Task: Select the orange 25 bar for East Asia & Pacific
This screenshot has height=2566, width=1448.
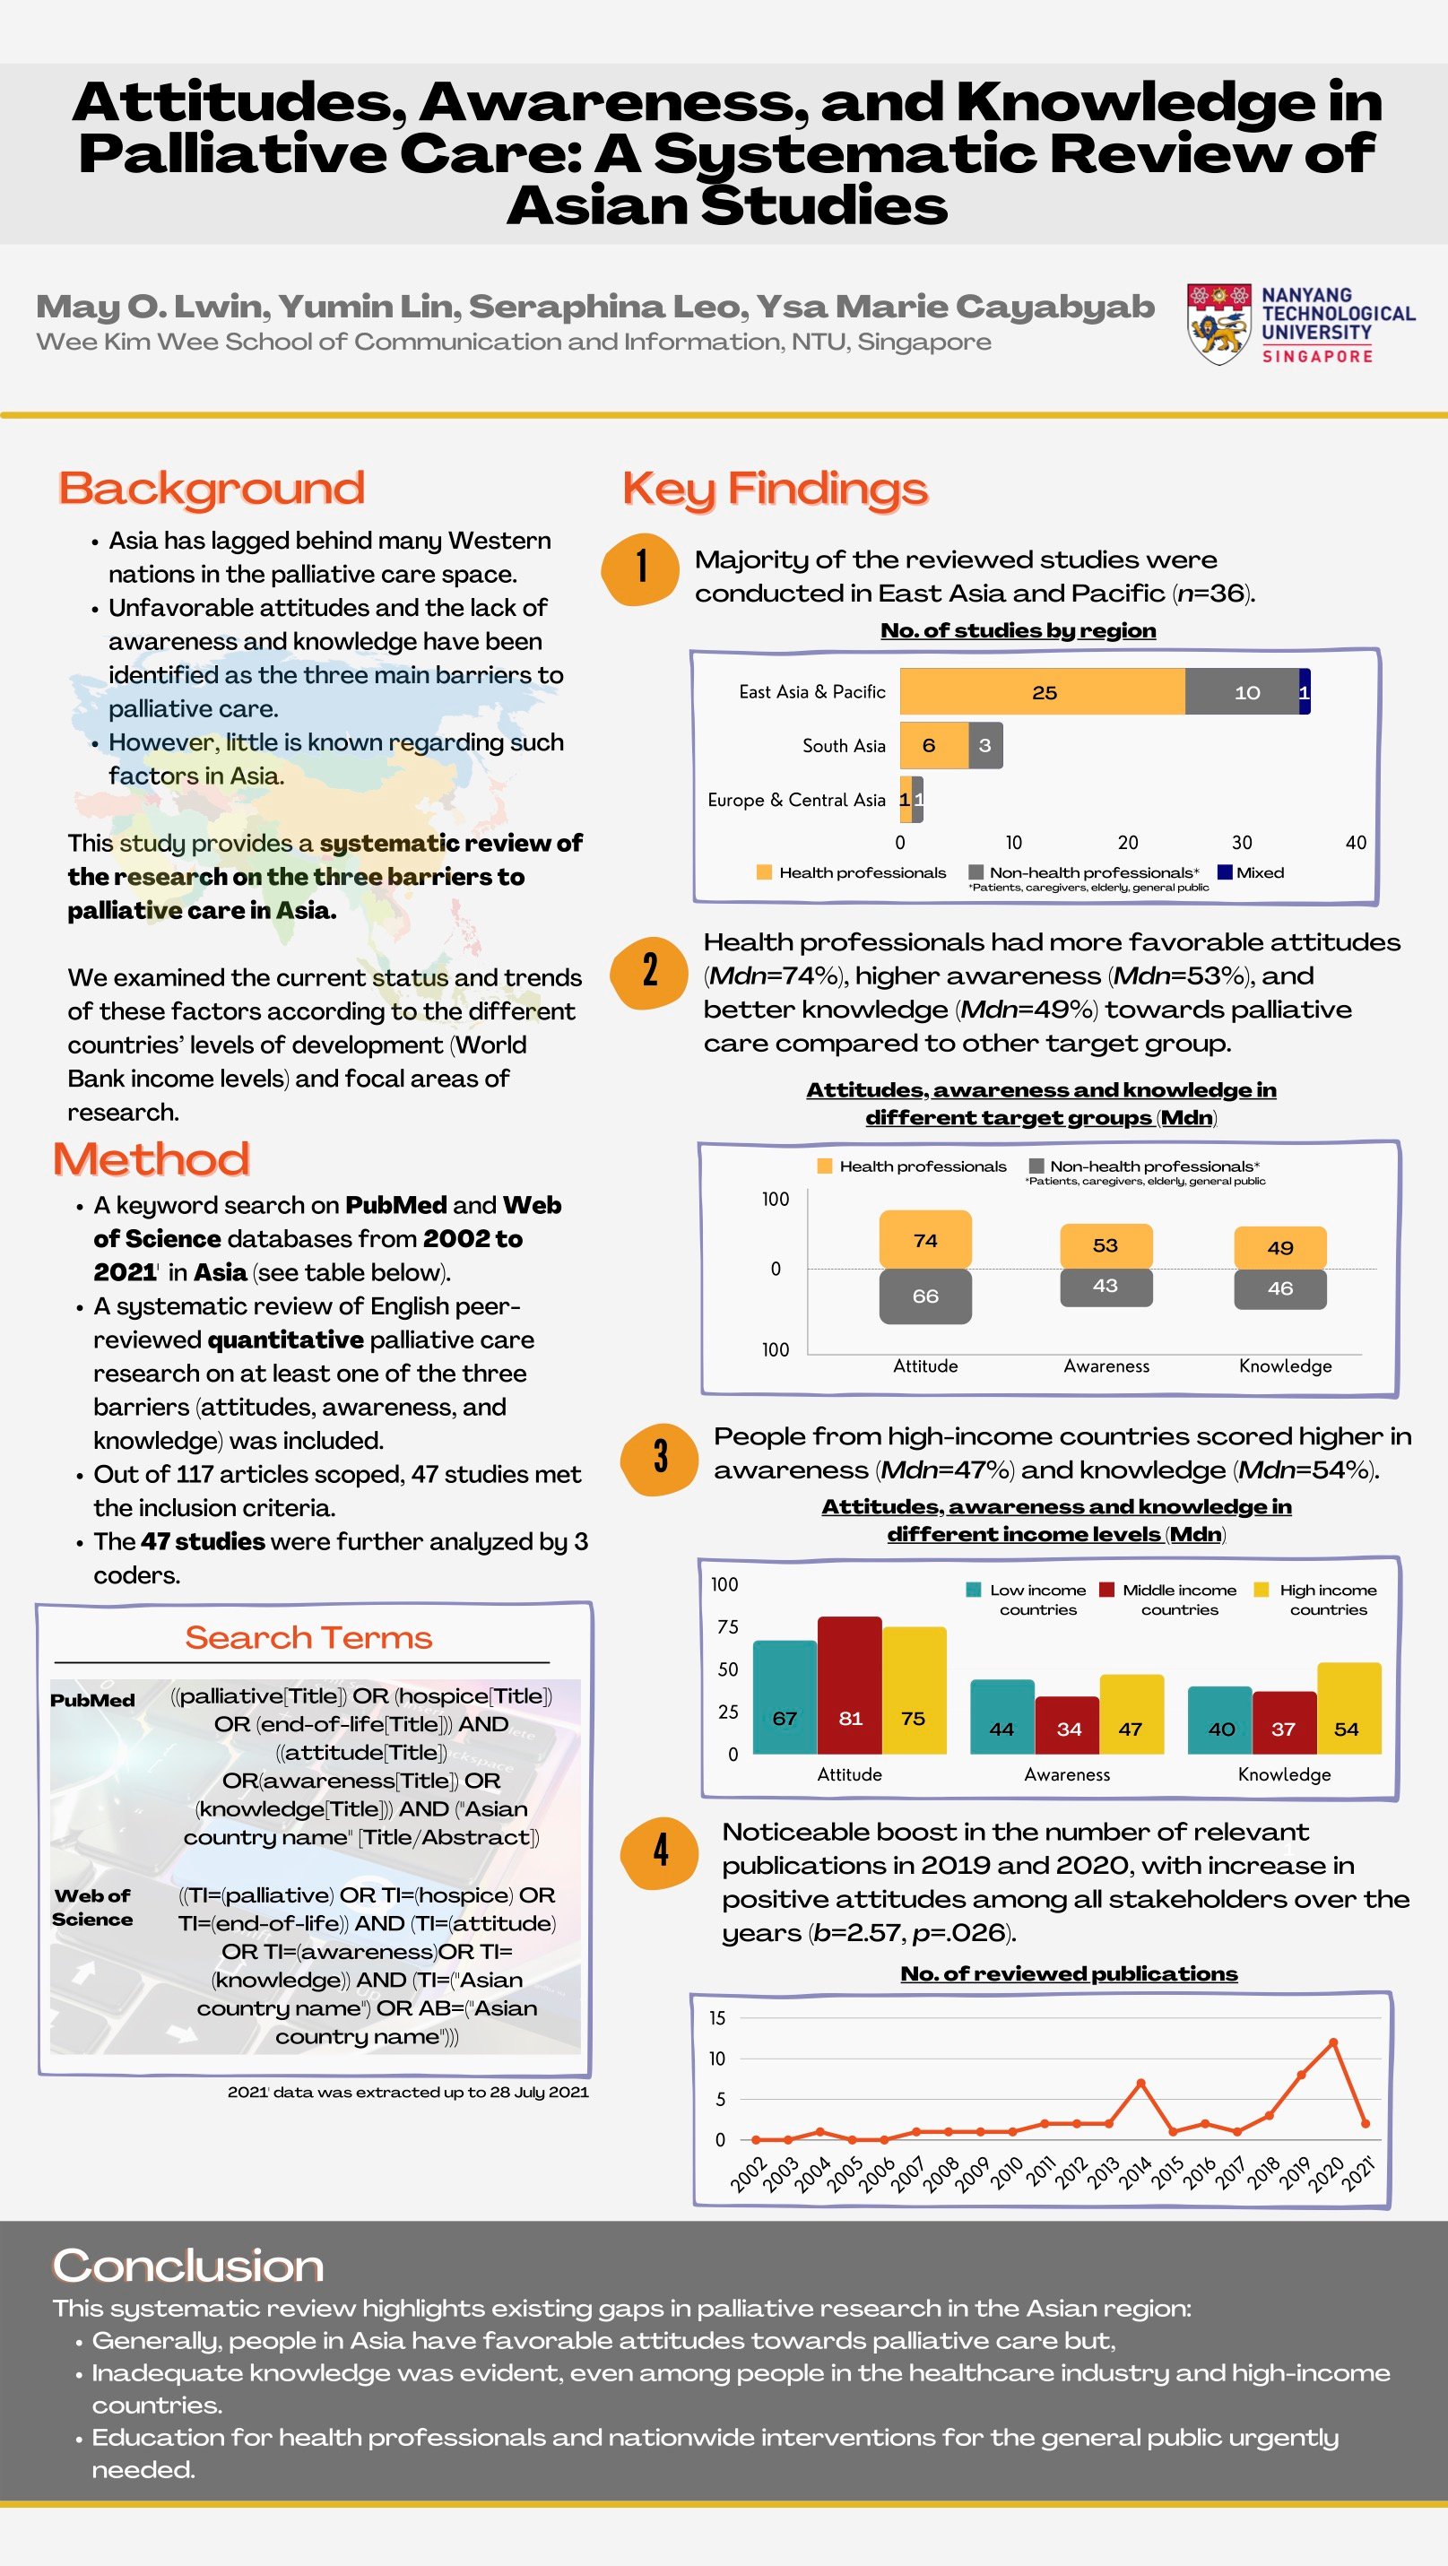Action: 1042,692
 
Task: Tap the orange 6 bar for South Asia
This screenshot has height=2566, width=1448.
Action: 933,745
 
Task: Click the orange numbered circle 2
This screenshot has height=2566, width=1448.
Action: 649,970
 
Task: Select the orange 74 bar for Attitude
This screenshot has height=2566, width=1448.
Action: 925,1239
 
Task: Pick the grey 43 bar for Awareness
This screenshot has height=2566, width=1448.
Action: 1106,1286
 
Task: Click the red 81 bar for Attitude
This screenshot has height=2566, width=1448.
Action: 849,1686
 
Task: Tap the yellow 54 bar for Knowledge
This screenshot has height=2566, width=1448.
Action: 1348,1710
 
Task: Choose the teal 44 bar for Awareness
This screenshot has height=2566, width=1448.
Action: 1001,1717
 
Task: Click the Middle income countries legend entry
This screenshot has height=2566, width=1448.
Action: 1169,1599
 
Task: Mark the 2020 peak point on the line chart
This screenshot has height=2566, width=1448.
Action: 1332,2043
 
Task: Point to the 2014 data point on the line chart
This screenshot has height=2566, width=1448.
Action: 1140,2084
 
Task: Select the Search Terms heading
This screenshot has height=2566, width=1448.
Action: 308,1639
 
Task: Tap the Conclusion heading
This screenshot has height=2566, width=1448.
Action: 188,2267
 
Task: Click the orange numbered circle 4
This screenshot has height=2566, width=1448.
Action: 659,1851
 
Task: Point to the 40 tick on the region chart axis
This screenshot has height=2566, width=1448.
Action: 1356,843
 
